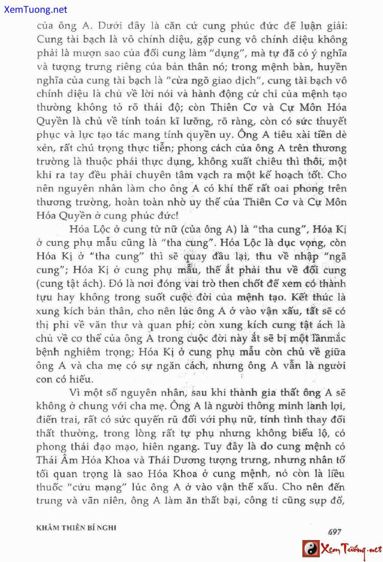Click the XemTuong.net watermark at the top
click(x=34, y=10)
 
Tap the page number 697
click(x=334, y=532)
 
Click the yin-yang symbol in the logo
click(x=310, y=550)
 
